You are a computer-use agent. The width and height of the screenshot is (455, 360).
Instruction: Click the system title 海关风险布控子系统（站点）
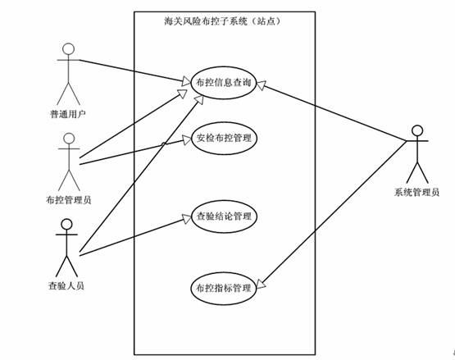pos(222,21)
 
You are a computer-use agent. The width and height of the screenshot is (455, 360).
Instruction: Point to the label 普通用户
pos(68,114)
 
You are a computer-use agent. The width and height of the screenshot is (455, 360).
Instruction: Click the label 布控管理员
pos(69,200)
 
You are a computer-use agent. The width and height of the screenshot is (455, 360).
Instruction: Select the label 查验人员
pos(66,285)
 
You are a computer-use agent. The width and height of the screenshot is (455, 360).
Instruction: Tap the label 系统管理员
pos(416,192)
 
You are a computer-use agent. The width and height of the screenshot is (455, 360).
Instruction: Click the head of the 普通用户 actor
pos(69,49)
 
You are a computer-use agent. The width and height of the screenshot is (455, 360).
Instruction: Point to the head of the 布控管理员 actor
pos(69,139)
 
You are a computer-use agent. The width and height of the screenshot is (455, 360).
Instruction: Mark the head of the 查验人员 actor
pos(66,225)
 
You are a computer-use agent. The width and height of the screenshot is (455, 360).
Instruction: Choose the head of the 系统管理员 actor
pos(417,131)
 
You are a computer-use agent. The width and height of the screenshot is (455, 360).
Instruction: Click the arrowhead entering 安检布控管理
pos(187,139)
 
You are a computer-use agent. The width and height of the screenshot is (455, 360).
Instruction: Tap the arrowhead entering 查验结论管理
pos(187,218)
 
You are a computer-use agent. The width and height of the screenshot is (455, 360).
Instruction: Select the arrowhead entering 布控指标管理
pos(261,284)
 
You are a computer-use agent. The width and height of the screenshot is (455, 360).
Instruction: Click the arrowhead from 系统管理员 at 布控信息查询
pos(262,84)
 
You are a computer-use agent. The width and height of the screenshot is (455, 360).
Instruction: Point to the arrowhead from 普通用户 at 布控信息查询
pos(186,81)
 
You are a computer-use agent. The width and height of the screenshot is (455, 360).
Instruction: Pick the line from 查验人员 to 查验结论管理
pos(135,236)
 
